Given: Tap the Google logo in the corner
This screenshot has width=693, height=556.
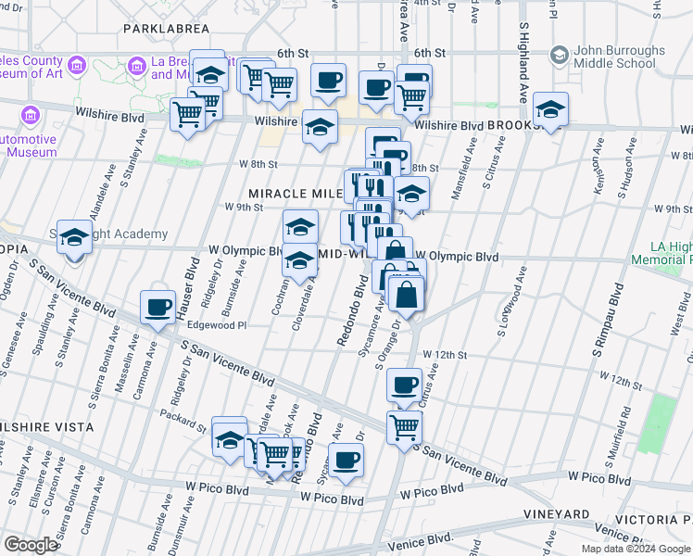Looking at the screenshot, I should coord(31,545).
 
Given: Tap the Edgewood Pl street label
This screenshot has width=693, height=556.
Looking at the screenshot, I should coord(217,325).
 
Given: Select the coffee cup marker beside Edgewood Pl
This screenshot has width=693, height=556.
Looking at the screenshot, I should coord(157,308).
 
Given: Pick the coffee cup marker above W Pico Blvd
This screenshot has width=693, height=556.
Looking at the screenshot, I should coord(346,461).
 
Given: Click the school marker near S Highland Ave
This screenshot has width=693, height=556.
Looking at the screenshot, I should coord(550,109).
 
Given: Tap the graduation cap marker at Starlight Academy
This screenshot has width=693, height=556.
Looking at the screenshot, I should coord(75,239).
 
